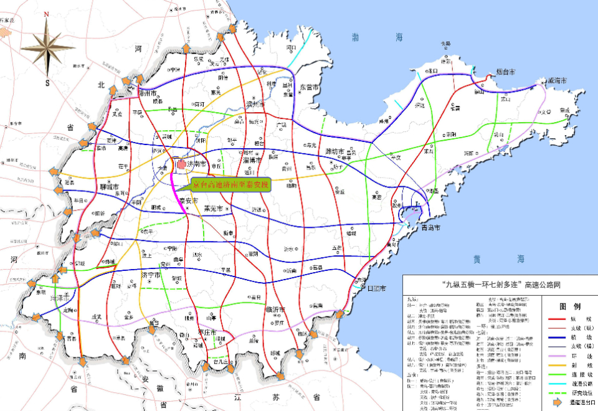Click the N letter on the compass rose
coord(46,14)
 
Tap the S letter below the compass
coord(46,82)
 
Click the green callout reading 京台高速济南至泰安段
coord(230,184)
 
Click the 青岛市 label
coord(429,229)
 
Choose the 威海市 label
coord(556,81)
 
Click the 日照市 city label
coord(376,288)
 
